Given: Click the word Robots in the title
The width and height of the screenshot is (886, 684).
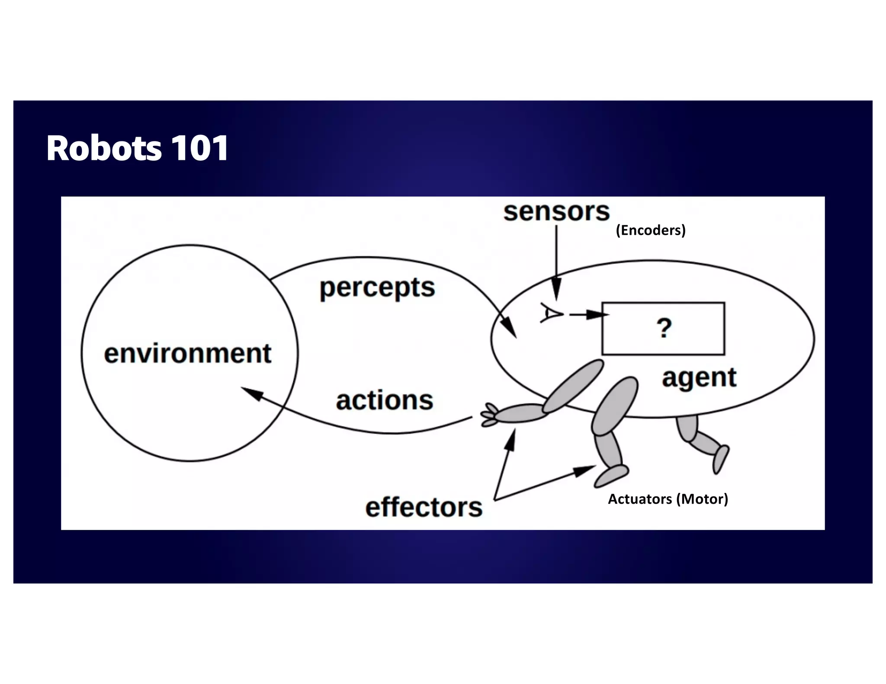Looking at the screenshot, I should pos(104,148).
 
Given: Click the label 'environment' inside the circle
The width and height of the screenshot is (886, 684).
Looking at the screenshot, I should pos(188,353).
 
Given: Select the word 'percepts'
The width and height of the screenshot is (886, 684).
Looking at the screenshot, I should pos(377,288).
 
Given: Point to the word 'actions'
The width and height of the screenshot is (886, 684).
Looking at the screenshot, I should pos(385,400).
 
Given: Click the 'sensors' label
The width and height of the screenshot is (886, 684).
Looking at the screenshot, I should pos(556,211).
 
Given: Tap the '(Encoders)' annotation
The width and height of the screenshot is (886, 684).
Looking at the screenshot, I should pos(651,230).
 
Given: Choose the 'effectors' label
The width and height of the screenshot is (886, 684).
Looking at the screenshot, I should pos(424,507).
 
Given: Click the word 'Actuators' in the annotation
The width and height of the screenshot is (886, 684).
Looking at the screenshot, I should pos(640,499).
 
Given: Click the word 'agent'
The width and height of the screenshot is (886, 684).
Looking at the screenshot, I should pos(699,377).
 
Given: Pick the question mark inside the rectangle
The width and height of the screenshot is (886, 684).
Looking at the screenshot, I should pos(664,328).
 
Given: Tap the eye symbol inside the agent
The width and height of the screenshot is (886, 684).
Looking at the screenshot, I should pos(551,313).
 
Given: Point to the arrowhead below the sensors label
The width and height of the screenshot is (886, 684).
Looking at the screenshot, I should pos(557,289).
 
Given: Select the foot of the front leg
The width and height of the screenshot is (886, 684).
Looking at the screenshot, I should pos(611,475).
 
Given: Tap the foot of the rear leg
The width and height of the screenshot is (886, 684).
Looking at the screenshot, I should pos(720,459).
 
